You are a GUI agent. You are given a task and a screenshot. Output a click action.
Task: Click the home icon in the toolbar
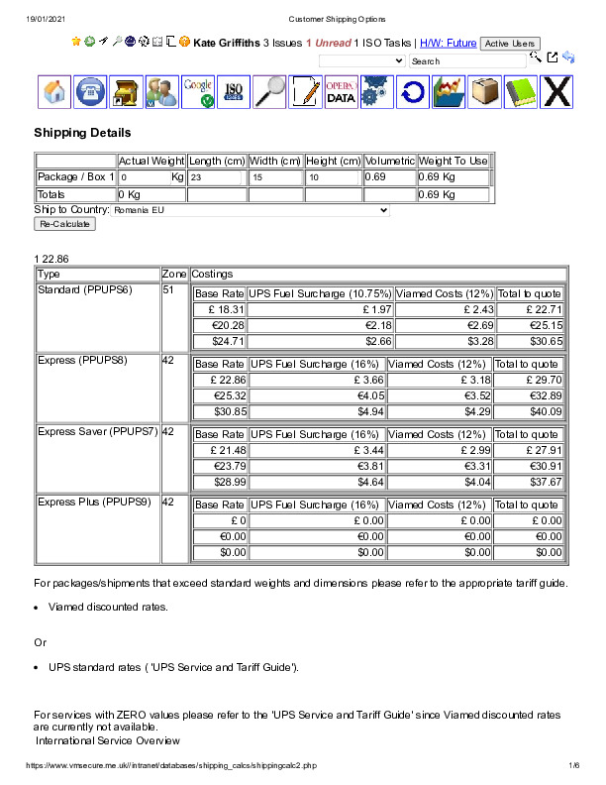coord(54,91)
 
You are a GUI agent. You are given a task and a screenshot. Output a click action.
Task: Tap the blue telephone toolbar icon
coord(90,91)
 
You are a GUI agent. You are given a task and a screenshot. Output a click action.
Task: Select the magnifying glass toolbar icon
coord(269,91)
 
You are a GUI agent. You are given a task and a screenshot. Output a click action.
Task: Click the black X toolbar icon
coord(557,91)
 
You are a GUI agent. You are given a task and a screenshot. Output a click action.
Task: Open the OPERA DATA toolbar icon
coord(341,91)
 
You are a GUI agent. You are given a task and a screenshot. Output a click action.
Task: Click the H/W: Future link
coord(448,44)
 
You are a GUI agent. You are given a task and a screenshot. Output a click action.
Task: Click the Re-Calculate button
coord(64,225)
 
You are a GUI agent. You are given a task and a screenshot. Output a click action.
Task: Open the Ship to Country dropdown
coord(251,210)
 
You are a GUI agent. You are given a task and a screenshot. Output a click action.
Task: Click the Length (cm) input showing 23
coord(216,177)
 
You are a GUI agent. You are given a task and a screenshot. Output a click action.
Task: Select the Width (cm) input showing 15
coord(275,177)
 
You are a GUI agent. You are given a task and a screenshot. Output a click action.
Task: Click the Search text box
coord(467,60)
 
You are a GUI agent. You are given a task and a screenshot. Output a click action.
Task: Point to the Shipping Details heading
coord(82,133)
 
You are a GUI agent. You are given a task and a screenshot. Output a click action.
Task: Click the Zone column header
coord(174,274)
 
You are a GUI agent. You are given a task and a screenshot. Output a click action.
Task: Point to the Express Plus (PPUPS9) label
coord(94,502)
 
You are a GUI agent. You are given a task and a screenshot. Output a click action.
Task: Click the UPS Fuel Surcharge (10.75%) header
coord(320,293)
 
